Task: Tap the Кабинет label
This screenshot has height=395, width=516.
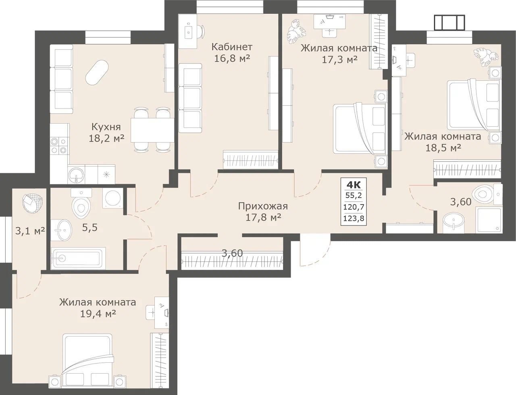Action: pyautogui.click(x=232, y=47)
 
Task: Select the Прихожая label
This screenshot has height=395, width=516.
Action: pyautogui.click(x=263, y=206)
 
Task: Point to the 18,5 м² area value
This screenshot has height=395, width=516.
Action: pyautogui.click(x=443, y=148)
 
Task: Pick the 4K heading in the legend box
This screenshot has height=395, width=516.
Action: pyautogui.click(x=354, y=185)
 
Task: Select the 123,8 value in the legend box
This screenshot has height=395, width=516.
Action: pyautogui.click(x=354, y=219)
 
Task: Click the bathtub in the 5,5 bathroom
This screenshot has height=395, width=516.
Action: pyautogui.click(x=78, y=258)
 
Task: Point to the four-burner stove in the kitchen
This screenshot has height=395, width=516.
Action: pyautogui.click(x=59, y=146)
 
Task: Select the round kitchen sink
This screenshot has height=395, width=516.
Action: pyautogui.click(x=76, y=175)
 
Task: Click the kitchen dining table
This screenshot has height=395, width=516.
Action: pyautogui.click(x=152, y=130)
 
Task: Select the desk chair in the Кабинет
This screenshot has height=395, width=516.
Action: pyautogui.click(x=202, y=32)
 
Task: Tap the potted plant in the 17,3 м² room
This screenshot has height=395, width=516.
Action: pyautogui.click(x=297, y=32)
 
